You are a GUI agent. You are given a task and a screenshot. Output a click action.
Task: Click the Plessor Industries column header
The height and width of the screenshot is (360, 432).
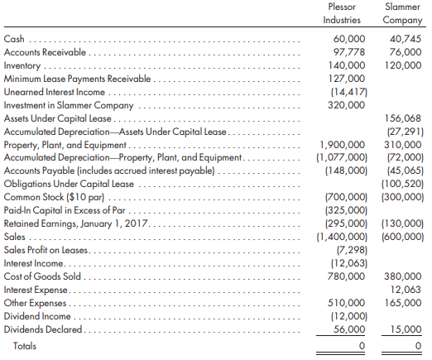coord(342,13)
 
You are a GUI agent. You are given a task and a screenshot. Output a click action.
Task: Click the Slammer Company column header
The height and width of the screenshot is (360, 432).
coord(402,13)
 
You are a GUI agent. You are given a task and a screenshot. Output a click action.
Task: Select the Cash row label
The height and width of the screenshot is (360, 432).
coord(14,39)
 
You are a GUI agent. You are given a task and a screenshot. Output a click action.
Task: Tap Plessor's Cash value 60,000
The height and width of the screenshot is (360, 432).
coord(349,39)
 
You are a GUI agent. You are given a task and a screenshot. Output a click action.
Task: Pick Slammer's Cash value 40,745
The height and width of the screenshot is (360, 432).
coord(406,39)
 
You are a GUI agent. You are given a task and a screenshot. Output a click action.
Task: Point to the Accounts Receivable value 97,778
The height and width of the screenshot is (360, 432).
coord(349,52)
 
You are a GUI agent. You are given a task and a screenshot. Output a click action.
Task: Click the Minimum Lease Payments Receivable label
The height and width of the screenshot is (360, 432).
coord(77,79)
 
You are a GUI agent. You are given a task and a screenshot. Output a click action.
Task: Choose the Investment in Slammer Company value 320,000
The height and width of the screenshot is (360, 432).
coord(347,105)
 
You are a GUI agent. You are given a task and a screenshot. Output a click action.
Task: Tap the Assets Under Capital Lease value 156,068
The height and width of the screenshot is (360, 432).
coord(403,118)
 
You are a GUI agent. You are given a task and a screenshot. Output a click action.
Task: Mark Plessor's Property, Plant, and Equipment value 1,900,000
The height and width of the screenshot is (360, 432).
coord(343,145)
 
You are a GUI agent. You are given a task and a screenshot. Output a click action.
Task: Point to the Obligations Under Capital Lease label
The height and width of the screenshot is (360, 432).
coord(69,184)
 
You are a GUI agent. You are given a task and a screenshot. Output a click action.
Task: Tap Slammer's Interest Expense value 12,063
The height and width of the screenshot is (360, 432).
coord(406,290)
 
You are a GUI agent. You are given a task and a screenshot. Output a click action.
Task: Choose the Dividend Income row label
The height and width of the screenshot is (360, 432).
coord(37,316)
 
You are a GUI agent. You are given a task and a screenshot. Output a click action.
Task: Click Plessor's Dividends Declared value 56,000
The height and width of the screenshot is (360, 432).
coord(349,329)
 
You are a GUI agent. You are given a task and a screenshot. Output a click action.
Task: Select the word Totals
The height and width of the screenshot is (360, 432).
coord(25,346)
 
